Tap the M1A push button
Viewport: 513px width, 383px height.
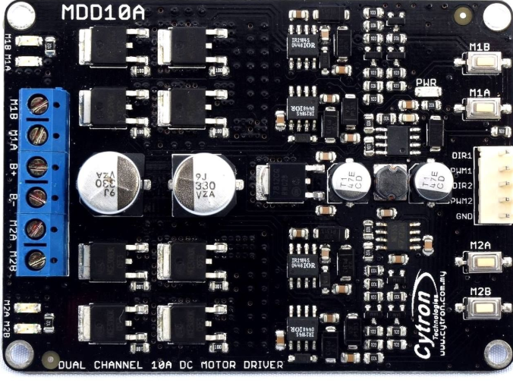tap(480, 107)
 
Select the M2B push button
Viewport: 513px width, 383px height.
tap(480, 308)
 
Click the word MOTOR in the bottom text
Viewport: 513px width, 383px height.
tap(234, 366)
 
